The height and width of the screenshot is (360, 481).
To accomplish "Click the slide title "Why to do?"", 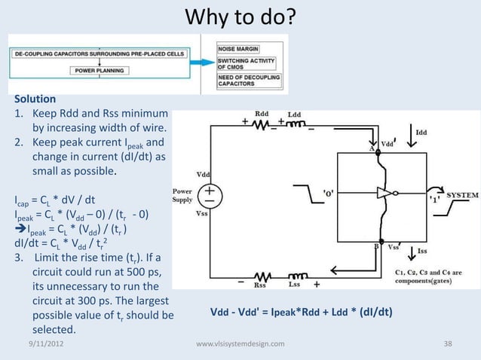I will coord(240,17).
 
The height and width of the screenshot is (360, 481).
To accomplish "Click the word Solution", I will coord(35,99).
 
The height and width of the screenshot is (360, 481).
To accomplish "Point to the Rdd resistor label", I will coord(262,114).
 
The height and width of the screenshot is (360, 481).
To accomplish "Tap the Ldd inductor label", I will coord(294,114).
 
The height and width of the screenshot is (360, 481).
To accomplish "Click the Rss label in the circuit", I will coord(259,285).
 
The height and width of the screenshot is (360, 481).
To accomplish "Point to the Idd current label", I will coord(421,133).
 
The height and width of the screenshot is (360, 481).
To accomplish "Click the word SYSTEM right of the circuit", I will coord(463,194).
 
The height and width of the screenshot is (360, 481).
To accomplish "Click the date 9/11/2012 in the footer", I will coord(41,344).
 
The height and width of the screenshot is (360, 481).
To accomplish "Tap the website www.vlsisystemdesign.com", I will coord(240,344).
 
